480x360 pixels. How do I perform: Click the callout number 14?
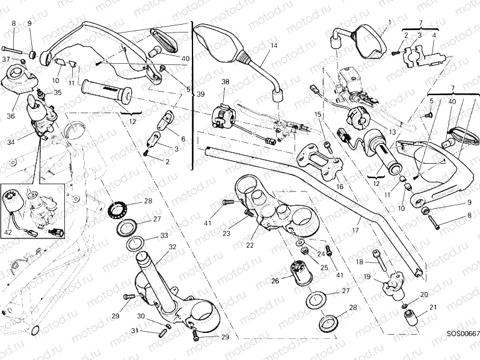click(274, 46)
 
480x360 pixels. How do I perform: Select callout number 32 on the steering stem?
click(172, 247)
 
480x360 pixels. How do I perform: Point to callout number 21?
click(432, 308)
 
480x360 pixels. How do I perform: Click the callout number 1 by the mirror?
click(389, 23)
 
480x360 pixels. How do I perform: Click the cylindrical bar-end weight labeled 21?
click(411, 317)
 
